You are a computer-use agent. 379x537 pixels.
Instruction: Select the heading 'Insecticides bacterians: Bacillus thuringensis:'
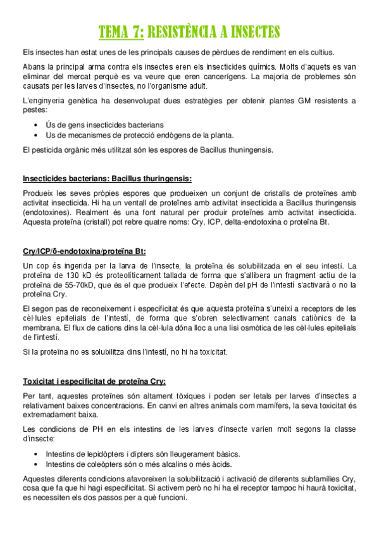107,178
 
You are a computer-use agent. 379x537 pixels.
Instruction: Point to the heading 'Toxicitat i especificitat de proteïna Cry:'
94,381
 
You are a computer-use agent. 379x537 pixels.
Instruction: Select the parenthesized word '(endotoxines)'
46,213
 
